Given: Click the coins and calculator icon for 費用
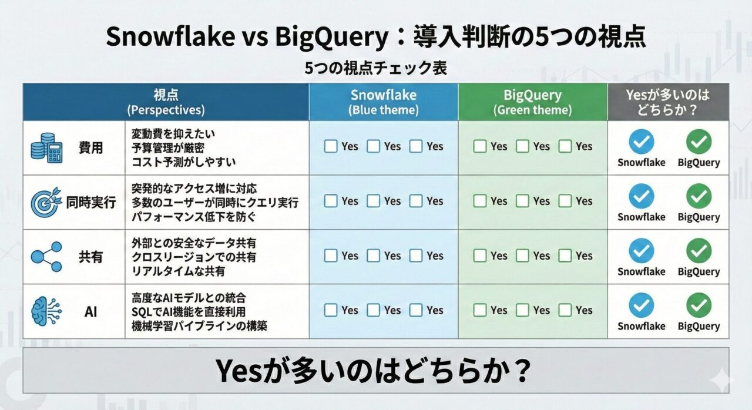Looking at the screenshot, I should click(x=46, y=148).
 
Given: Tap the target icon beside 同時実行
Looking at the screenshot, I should click(x=46, y=203).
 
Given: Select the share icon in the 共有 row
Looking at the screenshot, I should click(x=46, y=257).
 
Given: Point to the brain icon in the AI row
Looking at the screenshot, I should click(x=46, y=311).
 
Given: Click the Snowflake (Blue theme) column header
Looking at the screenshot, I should click(x=384, y=102).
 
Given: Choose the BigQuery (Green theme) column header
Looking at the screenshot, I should click(x=532, y=102).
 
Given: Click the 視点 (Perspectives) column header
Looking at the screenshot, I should click(x=166, y=102).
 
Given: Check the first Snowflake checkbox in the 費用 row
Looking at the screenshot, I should click(x=331, y=146).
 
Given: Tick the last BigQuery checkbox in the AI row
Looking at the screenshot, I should click(x=565, y=310).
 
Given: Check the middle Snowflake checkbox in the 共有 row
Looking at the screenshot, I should click(x=374, y=256).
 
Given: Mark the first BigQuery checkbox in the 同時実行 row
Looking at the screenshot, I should click(x=480, y=201).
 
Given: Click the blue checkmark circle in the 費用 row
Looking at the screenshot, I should click(x=642, y=142).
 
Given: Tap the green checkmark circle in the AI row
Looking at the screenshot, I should click(x=699, y=305).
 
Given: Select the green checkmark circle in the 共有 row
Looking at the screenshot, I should click(x=699, y=251).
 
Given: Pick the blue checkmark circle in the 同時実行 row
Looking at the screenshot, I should click(x=642, y=196).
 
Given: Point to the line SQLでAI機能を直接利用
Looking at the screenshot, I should click(x=189, y=311).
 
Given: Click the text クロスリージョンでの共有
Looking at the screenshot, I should click(x=194, y=257).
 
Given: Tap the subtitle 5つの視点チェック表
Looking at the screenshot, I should click(x=376, y=68).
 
